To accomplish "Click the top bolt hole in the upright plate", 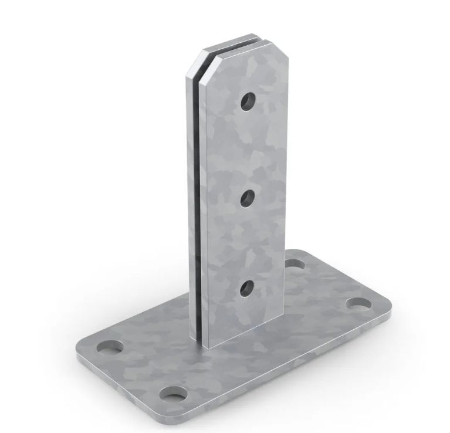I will click(248, 102).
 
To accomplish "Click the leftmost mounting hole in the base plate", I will click(110, 347).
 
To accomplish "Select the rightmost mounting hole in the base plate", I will click(358, 304).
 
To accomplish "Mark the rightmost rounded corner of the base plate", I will click(387, 302).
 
